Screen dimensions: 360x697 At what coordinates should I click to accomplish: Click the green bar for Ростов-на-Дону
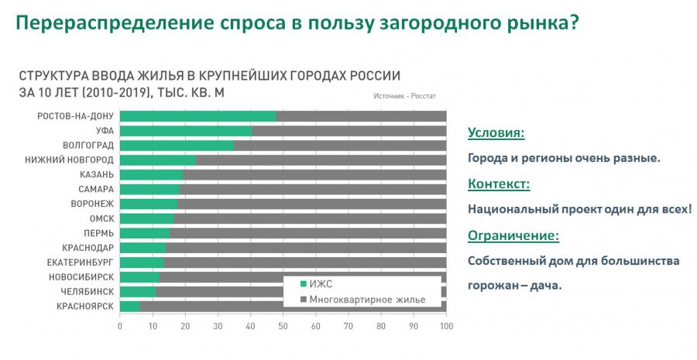coord(198,116)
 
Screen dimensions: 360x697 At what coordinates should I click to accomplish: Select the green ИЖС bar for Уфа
coord(186,131)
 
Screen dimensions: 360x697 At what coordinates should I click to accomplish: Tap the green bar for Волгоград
coord(177,146)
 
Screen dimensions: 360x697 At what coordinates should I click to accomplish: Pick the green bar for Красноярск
coord(130,307)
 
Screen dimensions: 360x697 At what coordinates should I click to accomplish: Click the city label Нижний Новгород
coord(80,160)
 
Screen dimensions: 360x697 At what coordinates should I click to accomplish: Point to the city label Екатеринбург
coord(81,262)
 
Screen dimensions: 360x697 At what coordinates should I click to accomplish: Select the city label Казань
coord(97,175)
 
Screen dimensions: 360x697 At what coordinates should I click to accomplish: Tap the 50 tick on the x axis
coord(283,326)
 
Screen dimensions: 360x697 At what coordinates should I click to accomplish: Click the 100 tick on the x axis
coord(446,326)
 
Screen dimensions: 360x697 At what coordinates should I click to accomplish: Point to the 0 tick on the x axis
coord(120,326)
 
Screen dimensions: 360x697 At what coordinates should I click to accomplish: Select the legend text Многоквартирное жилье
coord(363,299)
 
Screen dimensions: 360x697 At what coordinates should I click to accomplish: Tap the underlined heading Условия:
coord(496,133)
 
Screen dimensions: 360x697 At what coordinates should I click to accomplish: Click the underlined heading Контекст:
coord(499,184)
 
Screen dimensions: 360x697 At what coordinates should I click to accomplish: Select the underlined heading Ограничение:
coord(513,235)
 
